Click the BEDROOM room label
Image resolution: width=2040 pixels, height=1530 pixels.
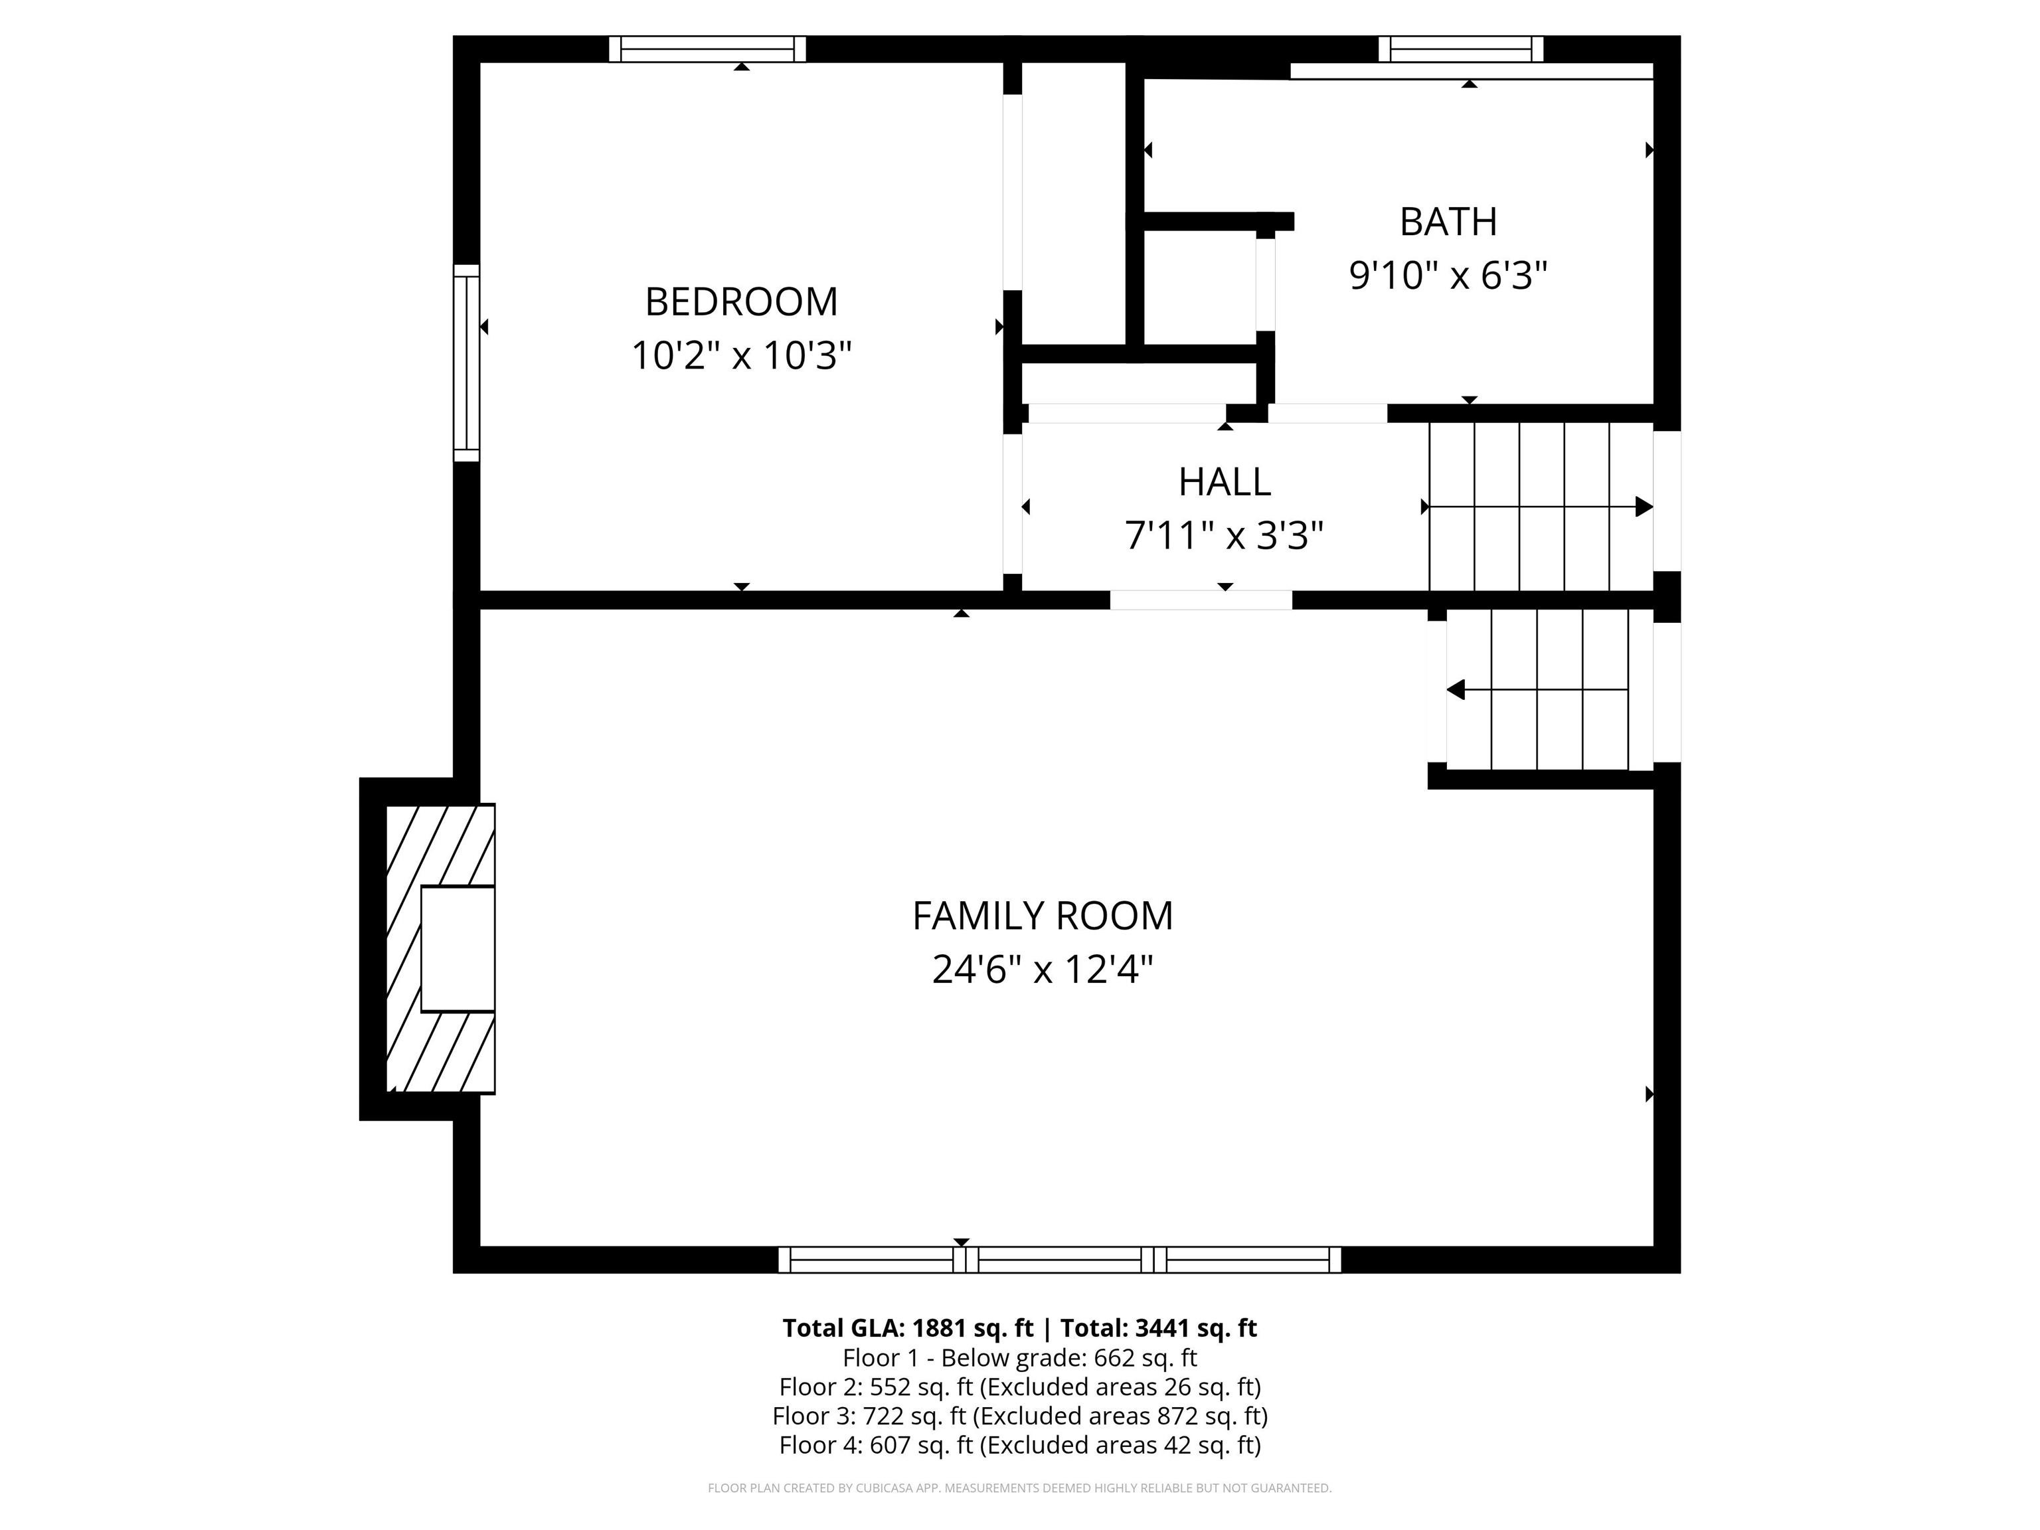coord(742,301)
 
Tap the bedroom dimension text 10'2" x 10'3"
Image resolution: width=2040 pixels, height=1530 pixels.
coord(742,355)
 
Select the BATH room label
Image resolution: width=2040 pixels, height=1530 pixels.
coord(1448,221)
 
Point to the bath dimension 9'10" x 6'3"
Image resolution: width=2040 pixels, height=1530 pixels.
coord(1448,275)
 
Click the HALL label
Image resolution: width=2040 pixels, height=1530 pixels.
coord(1225,481)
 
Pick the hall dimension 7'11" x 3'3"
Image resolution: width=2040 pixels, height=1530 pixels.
coord(1225,535)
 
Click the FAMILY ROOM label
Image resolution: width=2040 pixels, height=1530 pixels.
coord(1043,916)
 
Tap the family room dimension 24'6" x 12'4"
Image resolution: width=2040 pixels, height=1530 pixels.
coord(1043,970)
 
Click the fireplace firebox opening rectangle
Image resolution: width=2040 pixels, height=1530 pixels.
coord(458,949)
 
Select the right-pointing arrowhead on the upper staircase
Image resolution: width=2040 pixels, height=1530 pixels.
coord(1644,506)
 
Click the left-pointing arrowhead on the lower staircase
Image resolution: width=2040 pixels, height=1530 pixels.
coord(1456,690)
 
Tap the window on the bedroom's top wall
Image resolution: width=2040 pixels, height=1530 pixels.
coord(707,49)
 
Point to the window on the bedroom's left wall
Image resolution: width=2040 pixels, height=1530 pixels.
coord(467,363)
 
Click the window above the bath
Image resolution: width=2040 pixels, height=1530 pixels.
coord(1461,49)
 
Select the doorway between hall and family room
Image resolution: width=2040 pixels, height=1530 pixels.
coord(1201,600)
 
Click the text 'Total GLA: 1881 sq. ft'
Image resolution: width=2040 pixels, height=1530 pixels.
coord(908,1328)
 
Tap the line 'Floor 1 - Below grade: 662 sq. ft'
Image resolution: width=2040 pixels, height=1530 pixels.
coord(1020,1357)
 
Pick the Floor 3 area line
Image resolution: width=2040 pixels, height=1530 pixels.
coord(1020,1416)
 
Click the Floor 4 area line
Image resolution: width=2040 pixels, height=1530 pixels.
coord(1020,1445)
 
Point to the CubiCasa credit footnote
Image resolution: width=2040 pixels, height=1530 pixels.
coord(1020,1487)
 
